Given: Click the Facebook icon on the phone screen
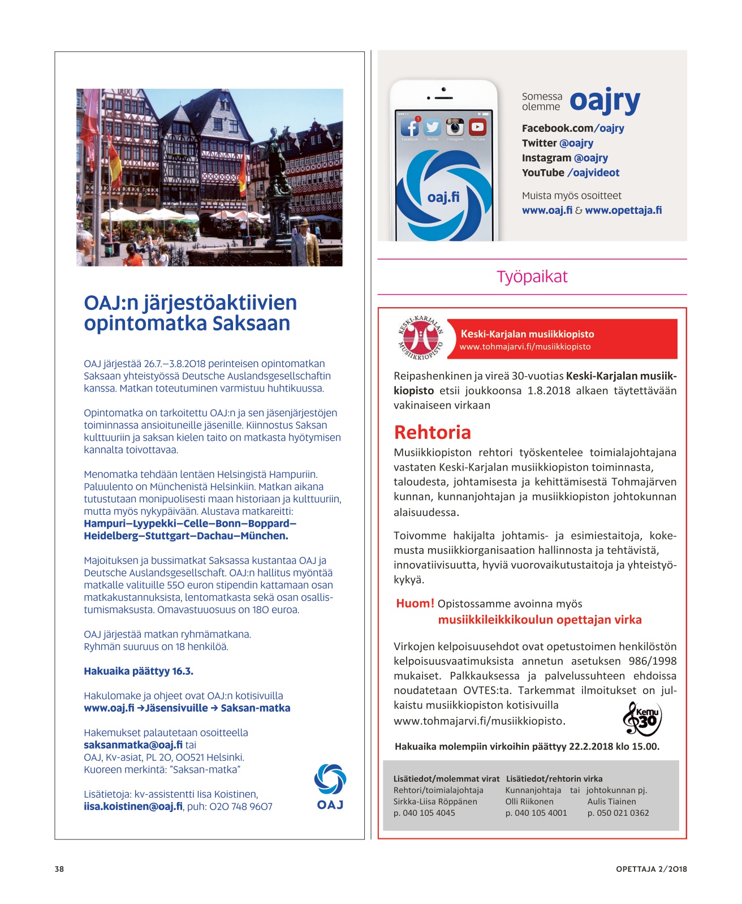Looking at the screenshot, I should point(409,127).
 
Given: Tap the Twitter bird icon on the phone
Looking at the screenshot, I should point(433,127).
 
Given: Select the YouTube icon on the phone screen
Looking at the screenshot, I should point(478,127).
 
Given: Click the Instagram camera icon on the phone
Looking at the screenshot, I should point(455,127).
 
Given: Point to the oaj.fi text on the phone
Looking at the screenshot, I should point(443,197).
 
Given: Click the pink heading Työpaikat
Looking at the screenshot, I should point(532,277).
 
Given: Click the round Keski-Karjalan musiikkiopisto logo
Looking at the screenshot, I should point(420,338).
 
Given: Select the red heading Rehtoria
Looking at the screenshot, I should point(432,433).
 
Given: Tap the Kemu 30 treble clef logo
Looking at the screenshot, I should point(642,718).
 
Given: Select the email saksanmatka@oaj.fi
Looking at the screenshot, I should point(133,745).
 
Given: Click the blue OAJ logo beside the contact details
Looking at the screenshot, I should point(330,786).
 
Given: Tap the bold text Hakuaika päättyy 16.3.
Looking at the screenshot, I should point(139,671).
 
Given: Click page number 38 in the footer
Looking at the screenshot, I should point(59,869).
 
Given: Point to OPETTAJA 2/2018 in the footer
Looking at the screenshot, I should point(651,869).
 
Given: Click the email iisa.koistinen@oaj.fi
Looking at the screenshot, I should point(133,807).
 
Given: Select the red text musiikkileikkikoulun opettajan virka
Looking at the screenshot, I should point(540,620).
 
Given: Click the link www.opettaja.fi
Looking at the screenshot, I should point(623,210).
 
